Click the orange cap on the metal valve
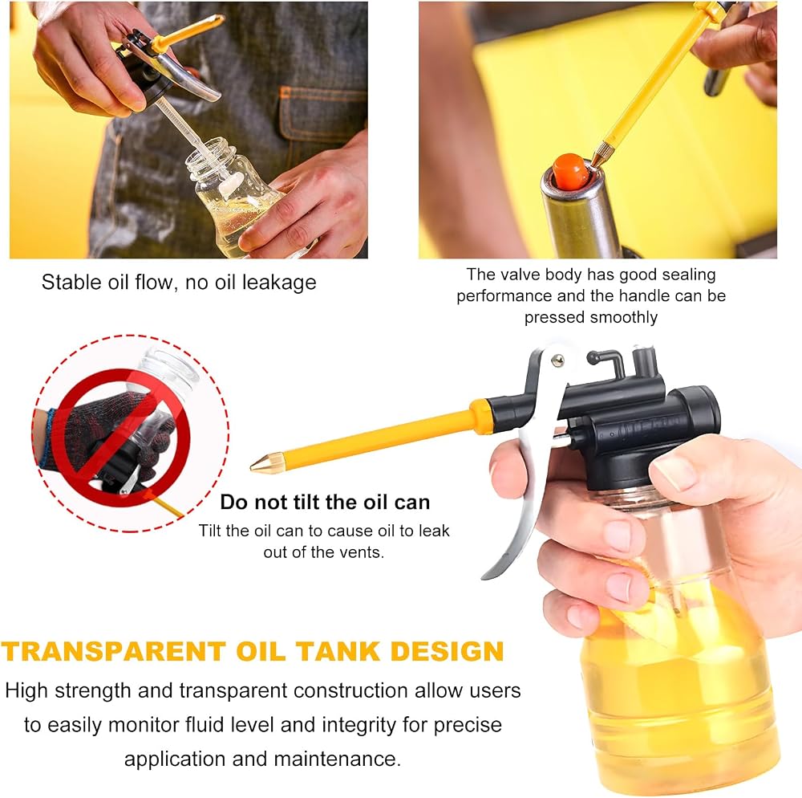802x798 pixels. [x=569, y=170]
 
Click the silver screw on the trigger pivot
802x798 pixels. [x=557, y=360]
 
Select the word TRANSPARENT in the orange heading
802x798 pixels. [x=114, y=651]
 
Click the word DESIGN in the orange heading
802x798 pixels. [x=447, y=651]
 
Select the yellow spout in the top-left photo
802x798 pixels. [x=188, y=32]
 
